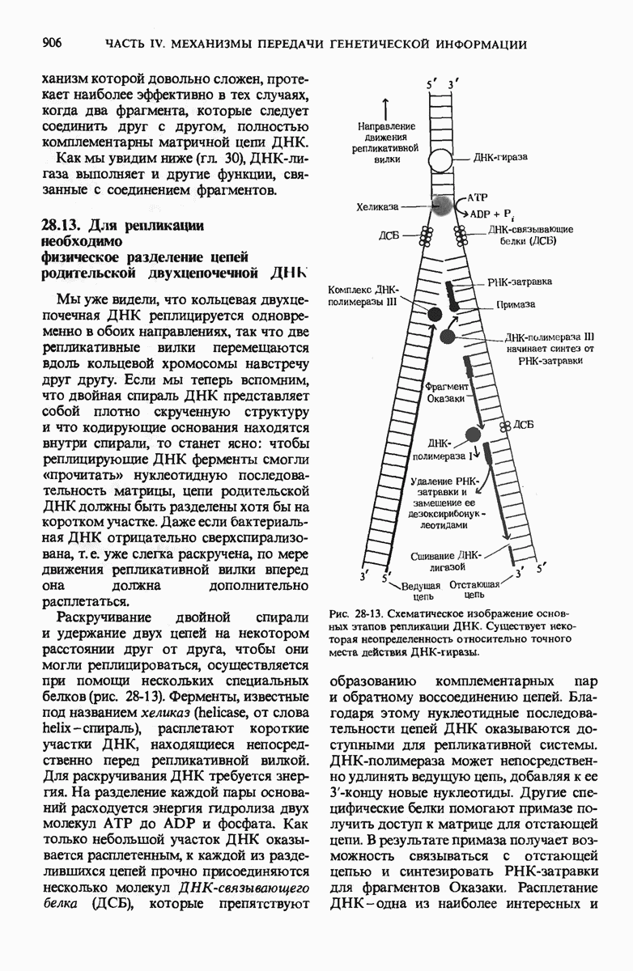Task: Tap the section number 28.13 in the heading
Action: point(59,224)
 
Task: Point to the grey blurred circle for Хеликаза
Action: point(441,206)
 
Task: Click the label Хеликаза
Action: point(377,208)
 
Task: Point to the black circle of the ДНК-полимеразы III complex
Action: point(434,314)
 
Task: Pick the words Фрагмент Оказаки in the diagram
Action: point(444,392)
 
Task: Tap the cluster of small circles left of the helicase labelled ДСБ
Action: point(423,236)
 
